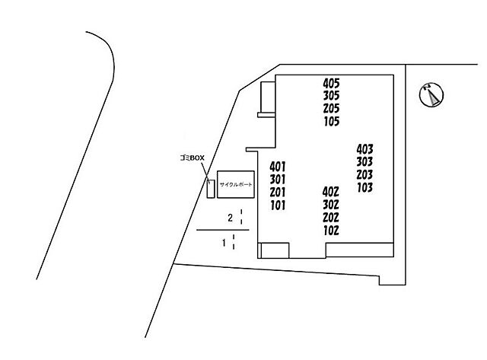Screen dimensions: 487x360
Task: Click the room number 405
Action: pyautogui.click(x=332, y=83)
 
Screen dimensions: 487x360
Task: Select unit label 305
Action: pyautogui.click(x=332, y=96)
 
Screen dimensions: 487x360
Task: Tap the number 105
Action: pyautogui.click(x=332, y=121)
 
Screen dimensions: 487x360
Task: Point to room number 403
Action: pyautogui.click(x=364, y=149)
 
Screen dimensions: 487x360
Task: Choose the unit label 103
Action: pyautogui.click(x=365, y=187)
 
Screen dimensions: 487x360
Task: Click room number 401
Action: pyautogui.click(x=277, y=167)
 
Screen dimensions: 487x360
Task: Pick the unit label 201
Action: pyautogui.click(x=277, y=193)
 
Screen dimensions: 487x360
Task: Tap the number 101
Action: pyautogui.click(x=278, y=205)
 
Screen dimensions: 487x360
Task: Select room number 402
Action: pyautogui.click(x=330, y=193)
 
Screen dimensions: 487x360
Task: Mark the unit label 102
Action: pyautogui.click(x=331, y=231)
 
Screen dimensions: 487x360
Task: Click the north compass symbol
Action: pyautogui.click(x=431, y=94)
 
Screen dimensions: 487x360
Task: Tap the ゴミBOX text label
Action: pyautogui.click(x=193, y=158)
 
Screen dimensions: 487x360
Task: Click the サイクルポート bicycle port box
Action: pyautogui.click(x=236, y=184)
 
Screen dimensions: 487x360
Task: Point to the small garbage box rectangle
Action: pyautogui.click(x=211, y=189)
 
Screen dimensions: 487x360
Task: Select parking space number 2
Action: pyautogui.click(x=230, y=218)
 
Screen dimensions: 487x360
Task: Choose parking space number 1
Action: pyautogui.click(x=224, y=243)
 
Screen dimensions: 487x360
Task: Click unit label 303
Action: pyautogui.click(x=364, y=162)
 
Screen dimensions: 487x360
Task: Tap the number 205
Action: pyautogui.click(x=332, y=108)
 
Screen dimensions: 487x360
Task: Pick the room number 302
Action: pyautogui.click(x=330, y=205)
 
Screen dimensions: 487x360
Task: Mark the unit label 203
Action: pyautogui.click(x=364, y=175)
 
